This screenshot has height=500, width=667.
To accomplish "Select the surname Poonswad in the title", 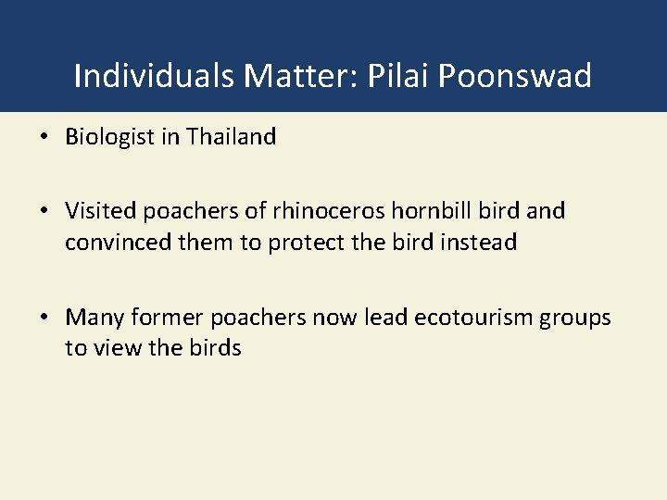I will (x=515, y=76).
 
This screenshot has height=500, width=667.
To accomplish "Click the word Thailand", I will (x=231, y=137).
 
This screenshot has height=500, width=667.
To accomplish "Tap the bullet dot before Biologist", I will (x=44, y=138).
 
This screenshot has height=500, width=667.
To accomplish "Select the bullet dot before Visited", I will (x=44, y=212).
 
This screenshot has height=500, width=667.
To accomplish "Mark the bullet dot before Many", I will (x=44, y=319).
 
